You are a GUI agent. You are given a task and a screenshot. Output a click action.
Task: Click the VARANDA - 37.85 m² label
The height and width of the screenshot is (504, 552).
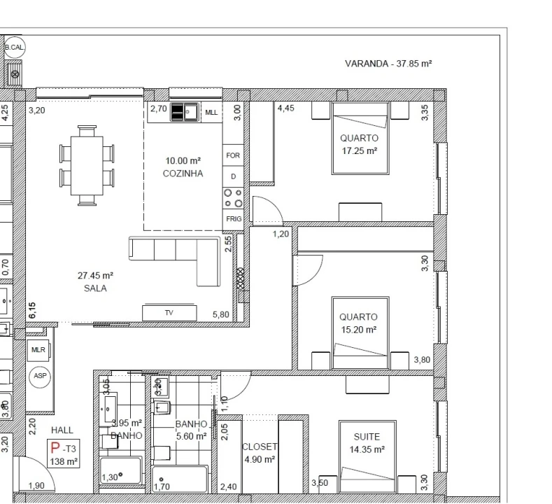point(388,63)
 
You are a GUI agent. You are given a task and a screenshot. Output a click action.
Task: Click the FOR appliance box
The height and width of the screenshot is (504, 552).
point(233,155)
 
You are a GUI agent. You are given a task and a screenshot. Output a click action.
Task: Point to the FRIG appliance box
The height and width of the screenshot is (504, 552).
point(233,219)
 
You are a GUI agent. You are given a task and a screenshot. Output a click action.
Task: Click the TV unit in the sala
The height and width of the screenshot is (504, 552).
point(168,313)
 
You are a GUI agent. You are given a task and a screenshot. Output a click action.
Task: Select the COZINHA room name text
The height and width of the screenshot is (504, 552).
point(183,174)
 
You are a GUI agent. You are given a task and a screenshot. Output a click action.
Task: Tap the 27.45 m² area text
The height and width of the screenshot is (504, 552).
point(96,276)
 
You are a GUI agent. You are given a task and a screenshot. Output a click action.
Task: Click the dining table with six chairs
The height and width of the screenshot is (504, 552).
point(87,165)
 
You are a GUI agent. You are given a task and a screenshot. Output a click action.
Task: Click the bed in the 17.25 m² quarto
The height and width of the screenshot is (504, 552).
point(359,138)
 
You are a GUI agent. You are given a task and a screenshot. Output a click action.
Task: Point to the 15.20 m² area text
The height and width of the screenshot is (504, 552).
point(358,329)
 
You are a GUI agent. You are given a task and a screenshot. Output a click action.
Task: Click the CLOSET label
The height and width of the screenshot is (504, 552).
point(260,447)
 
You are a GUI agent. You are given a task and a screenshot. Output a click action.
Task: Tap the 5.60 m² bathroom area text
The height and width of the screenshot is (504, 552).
point(190,435)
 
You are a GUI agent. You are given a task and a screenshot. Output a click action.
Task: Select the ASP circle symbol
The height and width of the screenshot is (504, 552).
point(39,376)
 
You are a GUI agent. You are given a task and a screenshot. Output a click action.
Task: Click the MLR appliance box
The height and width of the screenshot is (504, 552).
point(38,349)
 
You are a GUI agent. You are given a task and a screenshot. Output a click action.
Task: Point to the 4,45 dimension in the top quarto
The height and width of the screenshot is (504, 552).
point(285,109)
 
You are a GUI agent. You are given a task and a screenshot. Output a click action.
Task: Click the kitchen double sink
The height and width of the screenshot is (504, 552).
point(185,112)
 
